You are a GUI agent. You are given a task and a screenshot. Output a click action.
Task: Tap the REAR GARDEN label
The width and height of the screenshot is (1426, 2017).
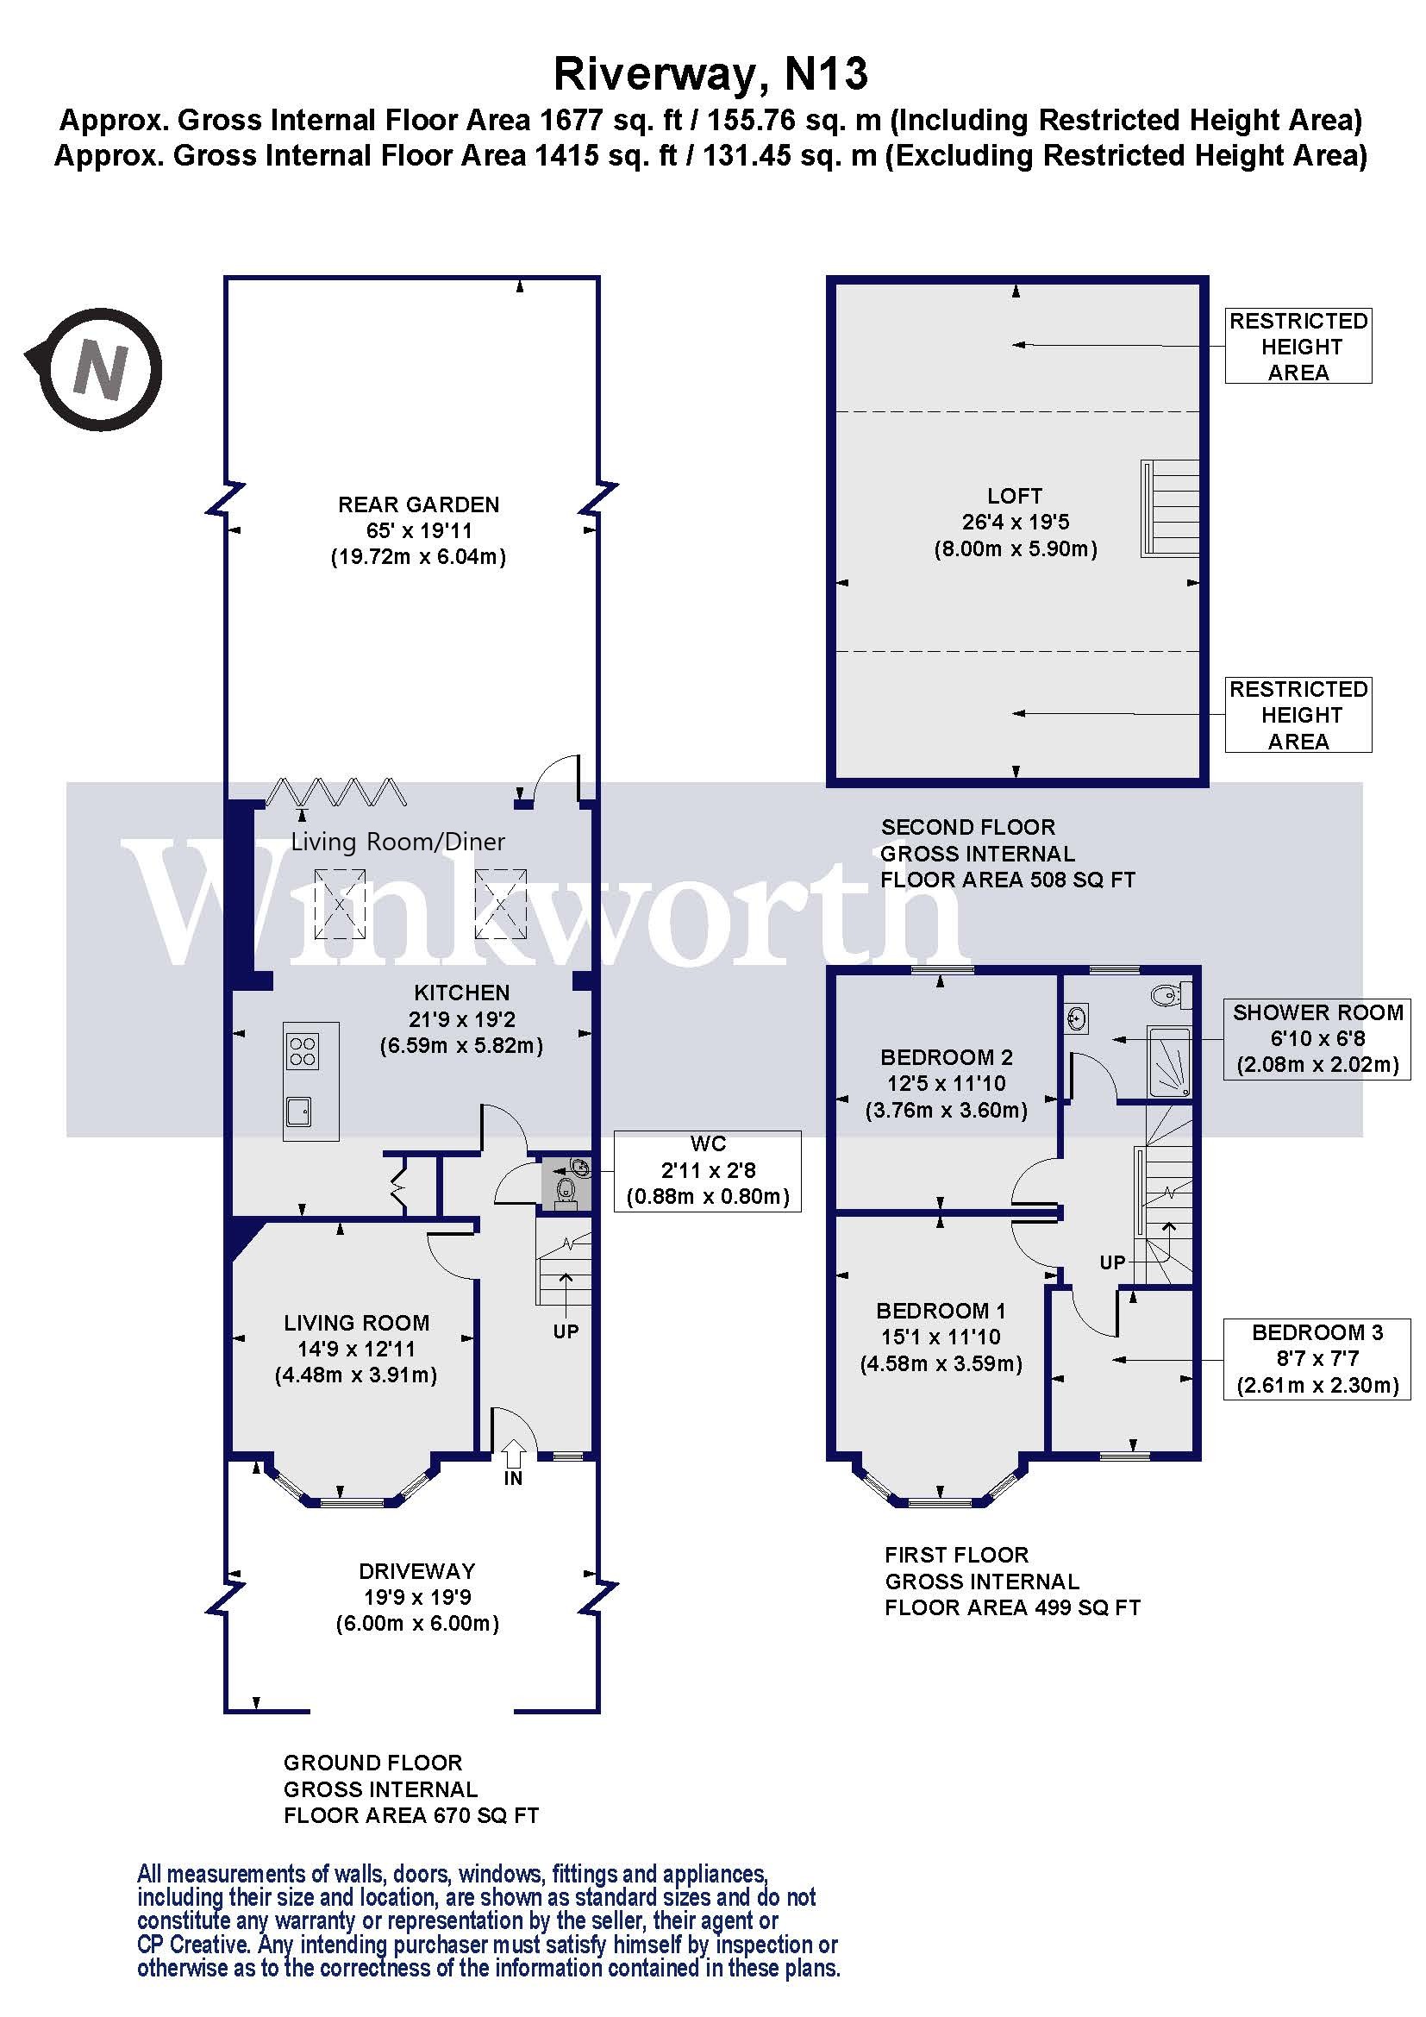(x=418, y=504)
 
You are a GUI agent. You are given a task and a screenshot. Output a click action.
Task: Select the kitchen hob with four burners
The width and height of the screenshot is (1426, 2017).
(x=303, y=1051)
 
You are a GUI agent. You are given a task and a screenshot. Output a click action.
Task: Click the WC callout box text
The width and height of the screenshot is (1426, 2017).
(x=707, y=1170)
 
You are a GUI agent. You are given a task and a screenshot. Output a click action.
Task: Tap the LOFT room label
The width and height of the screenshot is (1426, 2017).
(x=1015, y=497)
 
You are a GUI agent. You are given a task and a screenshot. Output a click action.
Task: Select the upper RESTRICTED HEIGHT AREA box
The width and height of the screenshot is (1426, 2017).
(x=1298, y=346)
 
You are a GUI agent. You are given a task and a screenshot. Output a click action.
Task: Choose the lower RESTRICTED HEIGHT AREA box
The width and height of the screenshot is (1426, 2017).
(x=1298, y=714)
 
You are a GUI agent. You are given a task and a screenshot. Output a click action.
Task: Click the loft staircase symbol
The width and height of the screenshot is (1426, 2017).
(x=1172, y=509)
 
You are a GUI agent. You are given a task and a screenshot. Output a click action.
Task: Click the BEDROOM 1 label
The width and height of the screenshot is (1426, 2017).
(x=941, y=1311)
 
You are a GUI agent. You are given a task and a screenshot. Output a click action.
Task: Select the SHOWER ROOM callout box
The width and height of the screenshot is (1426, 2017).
(x=1317, y=1039)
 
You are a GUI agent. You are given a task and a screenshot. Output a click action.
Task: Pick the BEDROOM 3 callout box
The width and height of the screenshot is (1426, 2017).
(x=1317, y=1359)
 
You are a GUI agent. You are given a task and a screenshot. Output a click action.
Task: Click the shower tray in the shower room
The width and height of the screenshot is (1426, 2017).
(x=1171, y=1062)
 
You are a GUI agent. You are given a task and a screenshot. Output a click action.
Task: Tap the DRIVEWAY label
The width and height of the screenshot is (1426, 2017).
(x=417, y=1570)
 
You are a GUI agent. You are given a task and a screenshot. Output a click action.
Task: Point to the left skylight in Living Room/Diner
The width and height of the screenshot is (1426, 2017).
(x=340, y=903)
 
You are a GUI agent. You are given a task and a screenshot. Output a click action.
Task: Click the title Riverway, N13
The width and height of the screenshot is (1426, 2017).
(x=710, y=74)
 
